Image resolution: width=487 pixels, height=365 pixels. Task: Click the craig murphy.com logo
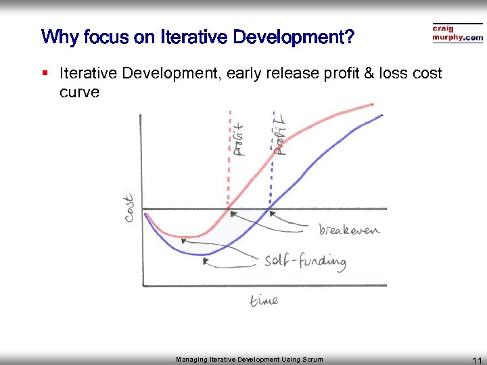point(457,34)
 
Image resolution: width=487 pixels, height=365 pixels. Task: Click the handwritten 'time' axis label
point(263,300)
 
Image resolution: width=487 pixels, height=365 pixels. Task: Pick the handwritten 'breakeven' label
point(349,230)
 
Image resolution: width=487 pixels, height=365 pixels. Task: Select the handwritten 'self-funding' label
point(305,261)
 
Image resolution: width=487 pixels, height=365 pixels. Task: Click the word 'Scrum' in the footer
point(312,360)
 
